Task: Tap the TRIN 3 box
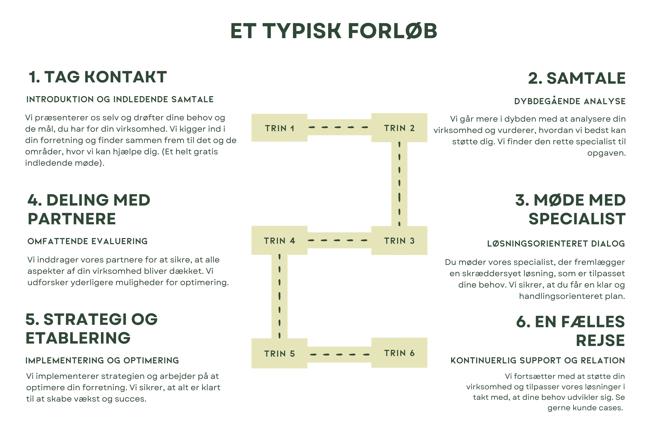[x=399, y=240]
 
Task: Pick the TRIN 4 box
[x=279, y=240]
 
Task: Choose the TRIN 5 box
[x=279, y=353]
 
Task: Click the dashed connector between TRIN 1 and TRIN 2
[x=339, y=127]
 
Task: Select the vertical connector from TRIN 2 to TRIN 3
[x=399, y=184]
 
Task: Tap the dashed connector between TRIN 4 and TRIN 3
[x=339, y=240]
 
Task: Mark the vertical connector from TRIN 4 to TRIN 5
[x=279, y=296]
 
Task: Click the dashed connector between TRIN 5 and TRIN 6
[x=339, y=354]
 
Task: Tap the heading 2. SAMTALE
[x=577, y=78]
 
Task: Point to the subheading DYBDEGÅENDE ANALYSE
[x=570, y=101]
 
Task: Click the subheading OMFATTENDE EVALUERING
[x=88, y=241]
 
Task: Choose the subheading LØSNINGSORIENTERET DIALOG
[x=556, y=244]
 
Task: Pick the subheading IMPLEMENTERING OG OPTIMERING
[x=102, y=360]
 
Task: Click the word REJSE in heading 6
[x=600, y=340]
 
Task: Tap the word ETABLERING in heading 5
[x=78, y=338]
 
